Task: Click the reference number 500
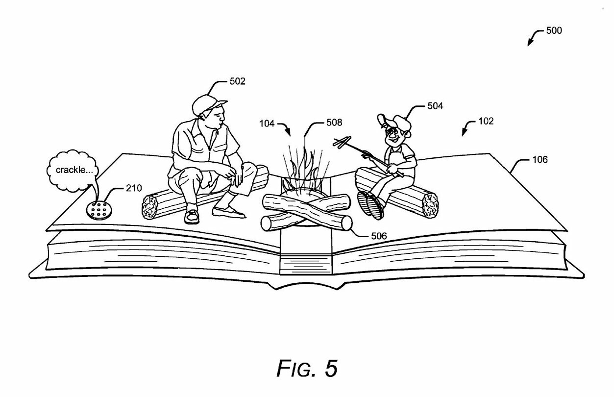pos(554,30)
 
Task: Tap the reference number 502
pos(237,81)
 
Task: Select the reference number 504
pos(435,106)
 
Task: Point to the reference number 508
pos(334,122)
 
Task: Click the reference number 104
pos(267,124)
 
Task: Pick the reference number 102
pos(486,121)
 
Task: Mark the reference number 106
pos(540,160)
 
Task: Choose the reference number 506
pos(379,236)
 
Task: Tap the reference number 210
pos(134,188)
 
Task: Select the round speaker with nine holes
pos(99,210)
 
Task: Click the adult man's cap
pos(208,104)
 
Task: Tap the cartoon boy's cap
pos(395,122)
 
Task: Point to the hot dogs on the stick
pos(342,142)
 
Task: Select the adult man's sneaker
pos(192,217)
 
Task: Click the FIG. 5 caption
pos(307,368)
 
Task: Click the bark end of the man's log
pos(149,207)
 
